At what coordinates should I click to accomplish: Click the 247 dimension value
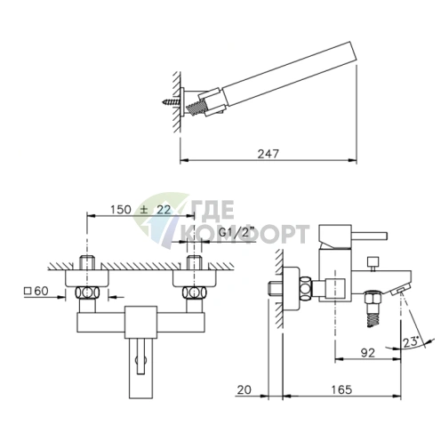(x=269, y=154)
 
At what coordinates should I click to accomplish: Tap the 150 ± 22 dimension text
(x=140, y=210)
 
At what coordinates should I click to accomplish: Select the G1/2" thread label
(x=237, y=232)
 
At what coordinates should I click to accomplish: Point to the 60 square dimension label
(x=36, y=291)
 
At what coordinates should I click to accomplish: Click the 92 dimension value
(x=368, y=353)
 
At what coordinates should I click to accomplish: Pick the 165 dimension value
(x=341, y=389)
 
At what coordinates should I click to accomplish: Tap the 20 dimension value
(x=244, y=389)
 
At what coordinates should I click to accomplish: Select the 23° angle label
(x=411, y=342)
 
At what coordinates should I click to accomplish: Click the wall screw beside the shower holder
(x=172, y=102)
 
